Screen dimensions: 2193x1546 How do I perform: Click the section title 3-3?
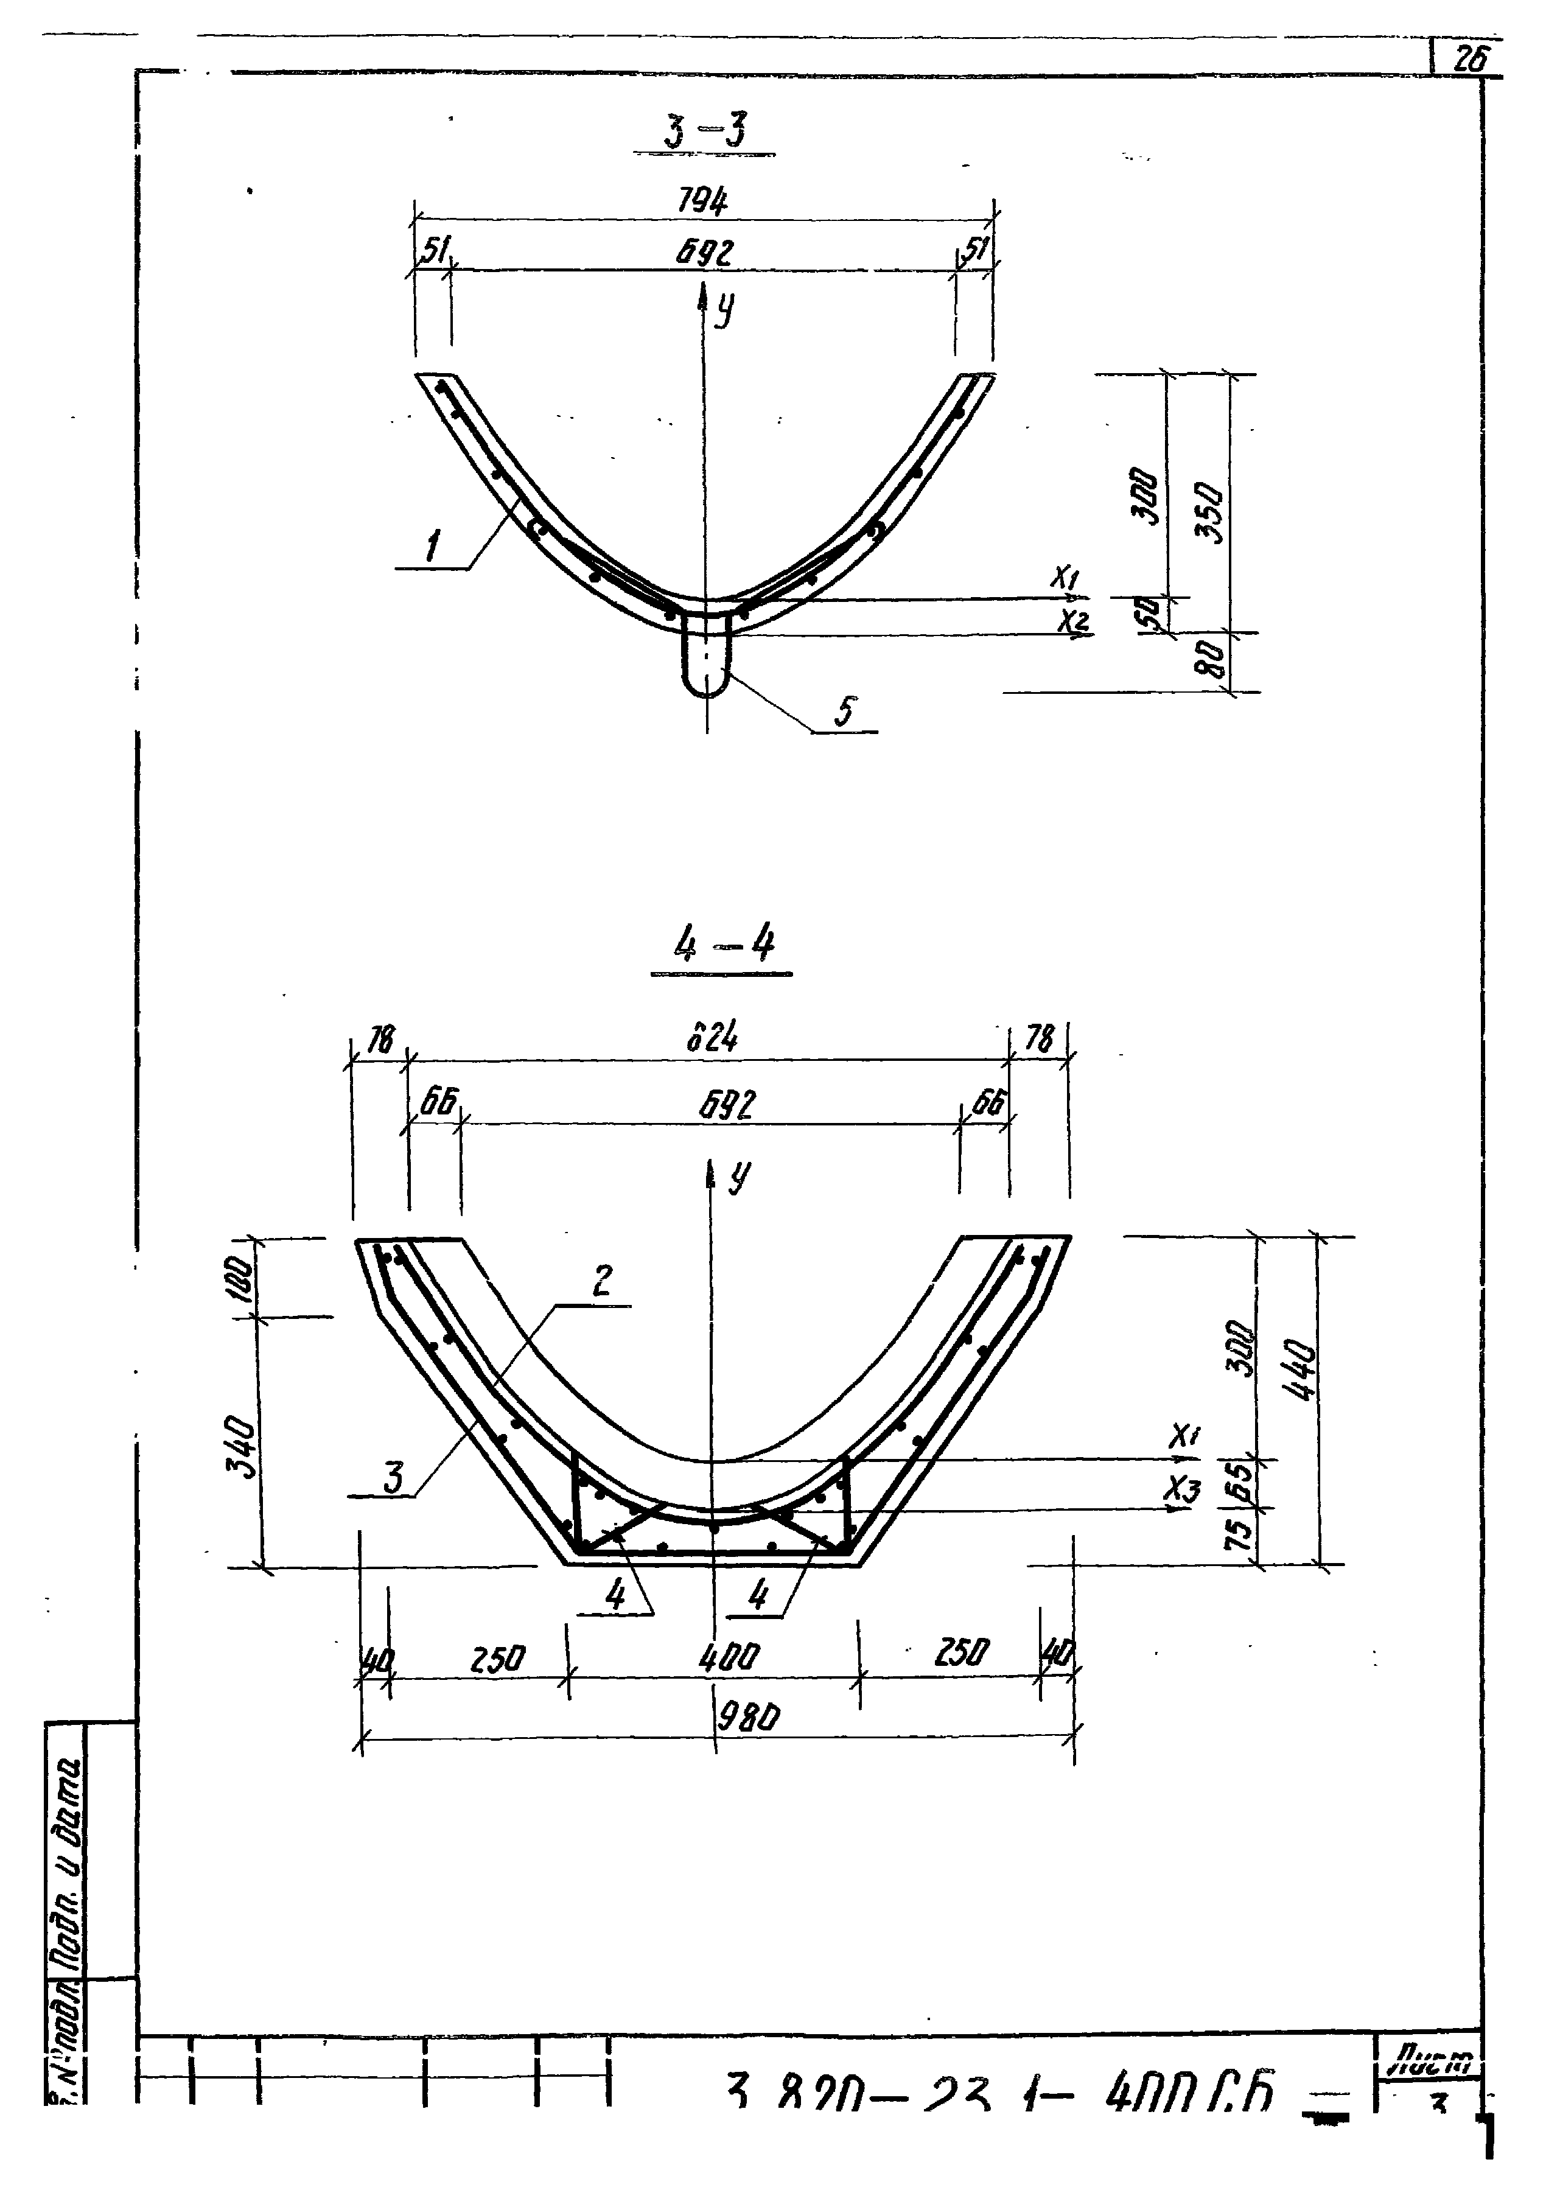pyautogui.click(x=705, y=131)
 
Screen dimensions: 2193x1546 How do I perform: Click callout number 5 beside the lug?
pyautogui.click(x=845, y=711)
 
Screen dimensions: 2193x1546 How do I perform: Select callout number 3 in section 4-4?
pyautogui.click(x=393, y=1478)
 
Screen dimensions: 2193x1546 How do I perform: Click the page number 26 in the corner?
pyautogui.click(x=1469, y=60)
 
